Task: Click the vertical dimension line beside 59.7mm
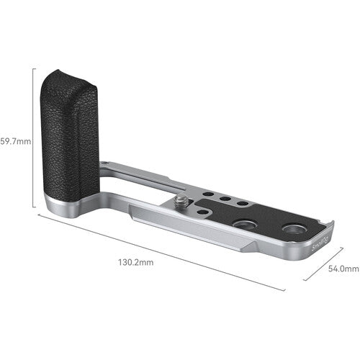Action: tap(34, 137)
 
